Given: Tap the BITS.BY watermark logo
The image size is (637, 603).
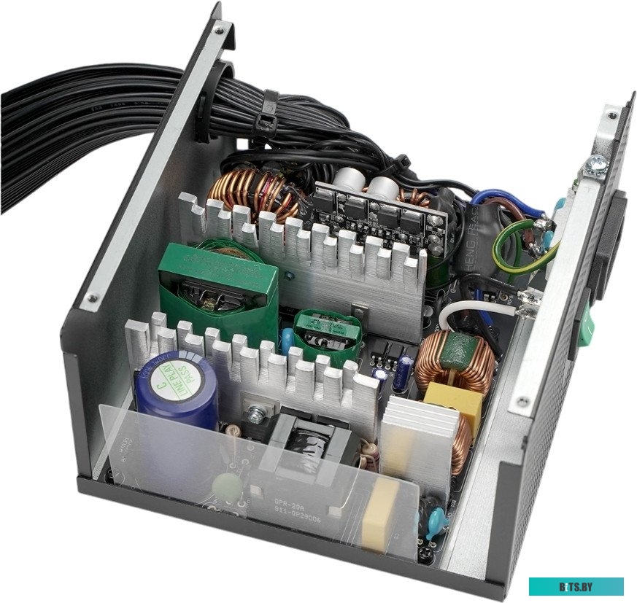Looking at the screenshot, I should click(x=576, y=586).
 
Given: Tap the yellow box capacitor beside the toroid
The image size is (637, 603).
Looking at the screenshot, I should click(x=453, y=402).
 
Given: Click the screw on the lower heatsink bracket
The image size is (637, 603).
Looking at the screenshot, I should click(x=255, y=414).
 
